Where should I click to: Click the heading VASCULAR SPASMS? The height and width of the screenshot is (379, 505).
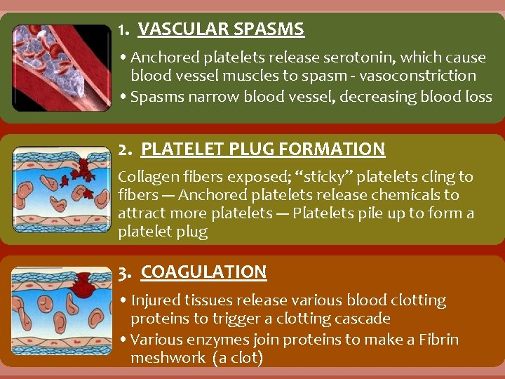pos(221,29)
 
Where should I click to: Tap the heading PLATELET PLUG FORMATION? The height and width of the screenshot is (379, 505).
pos(263,149)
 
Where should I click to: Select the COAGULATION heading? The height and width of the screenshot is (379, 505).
pos(203,272)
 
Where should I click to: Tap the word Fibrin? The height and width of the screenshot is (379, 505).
pos(436,340)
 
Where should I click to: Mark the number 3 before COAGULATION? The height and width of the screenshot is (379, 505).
pos(123,272)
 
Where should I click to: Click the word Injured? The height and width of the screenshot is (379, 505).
pos(156,300)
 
